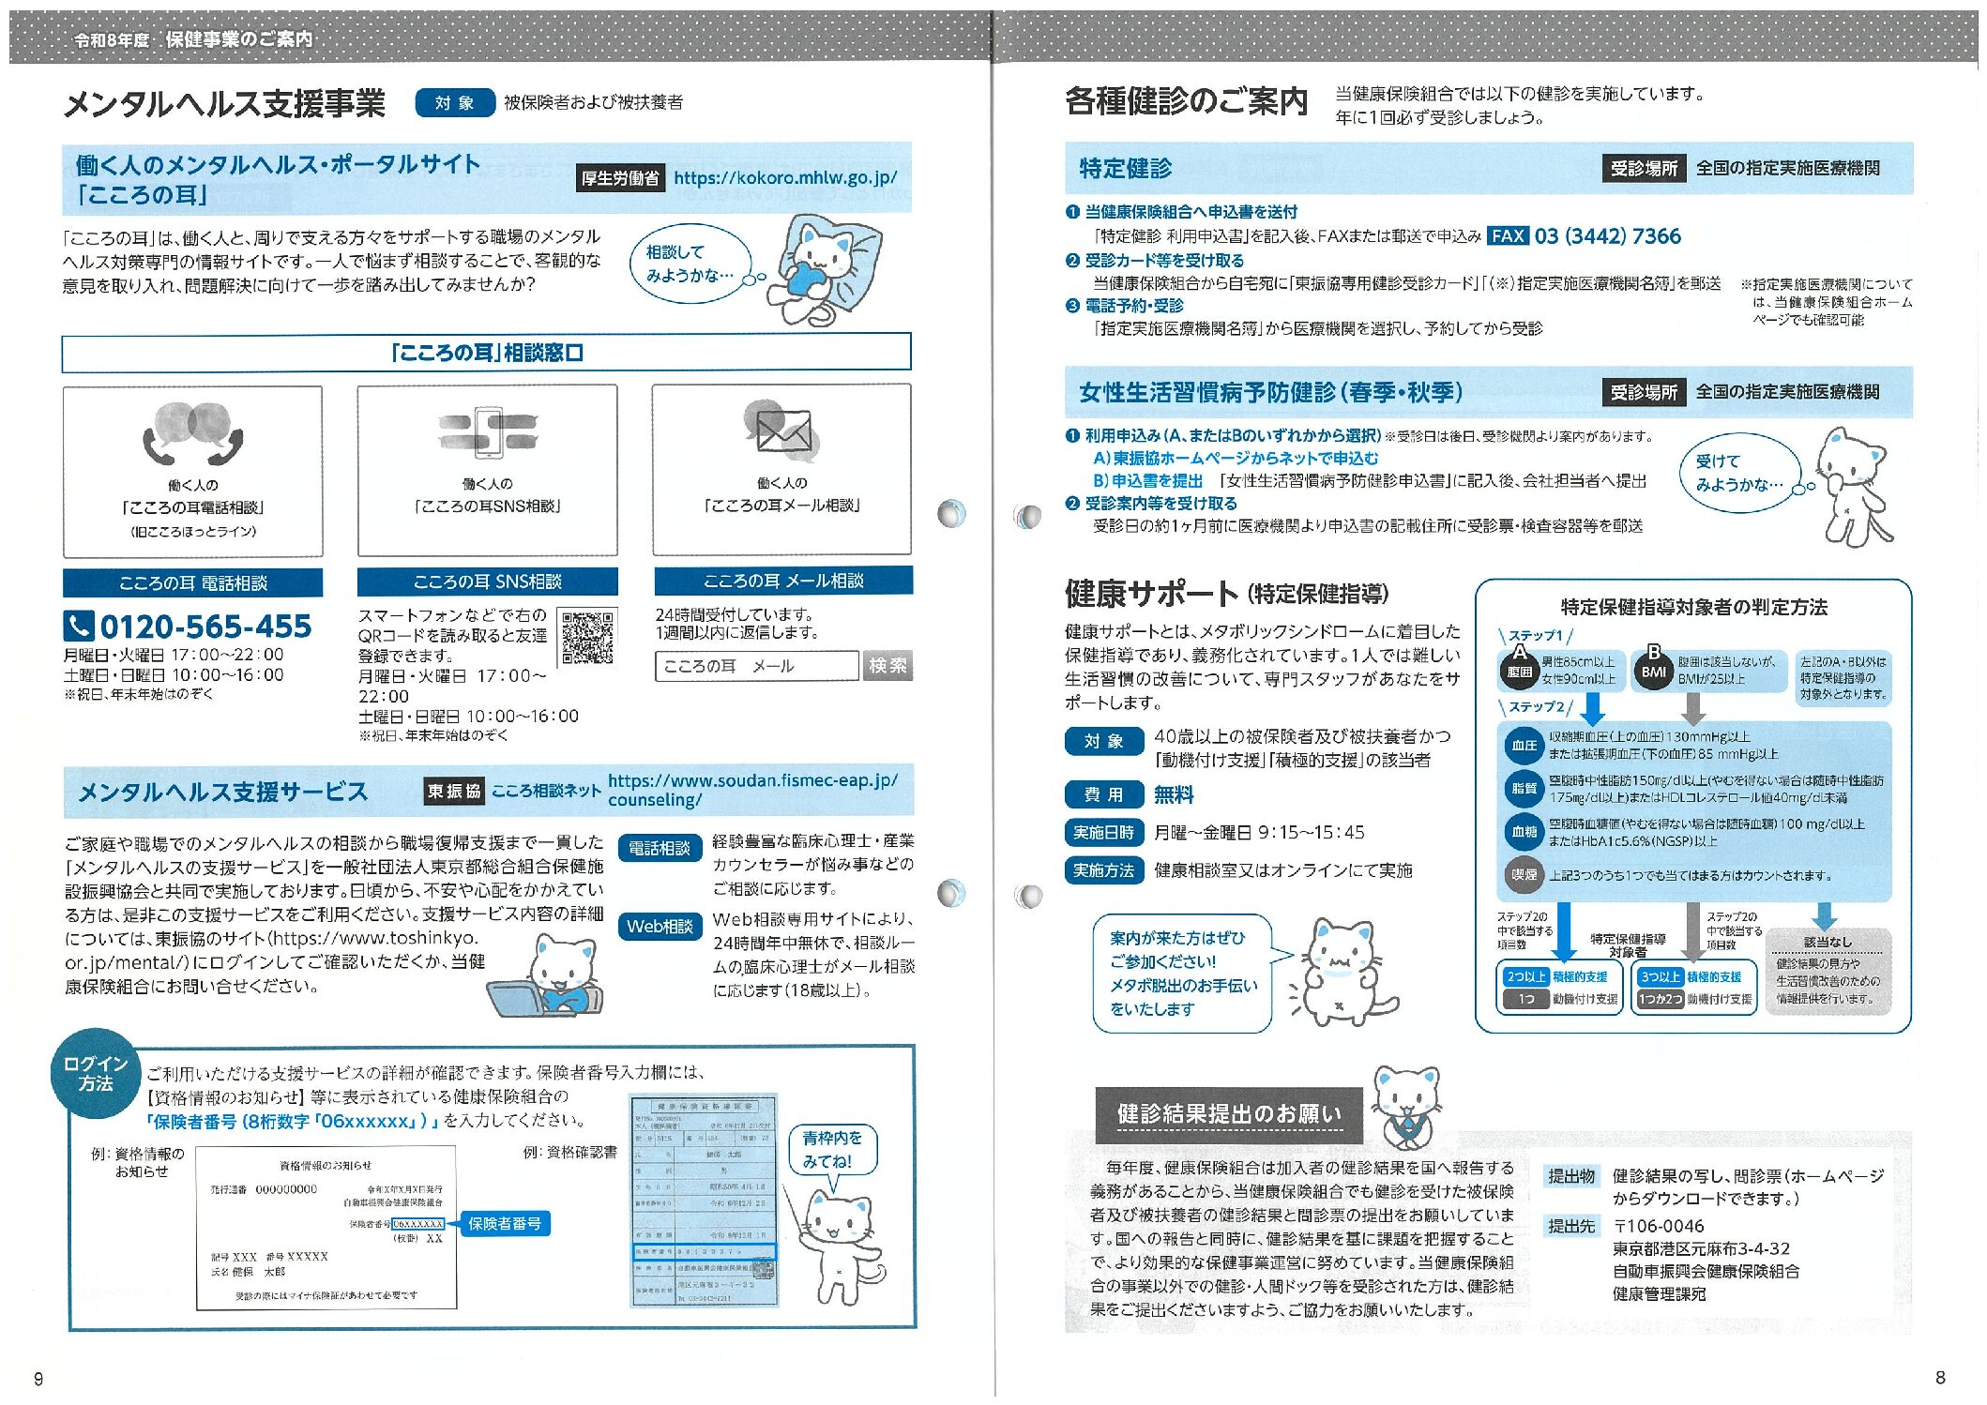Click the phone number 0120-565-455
tap(205, 626)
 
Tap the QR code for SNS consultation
tap(587, 638)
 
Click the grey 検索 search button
tap(887, 666)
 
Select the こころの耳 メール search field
tap(756, 666)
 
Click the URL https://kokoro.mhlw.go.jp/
tap(785, 177)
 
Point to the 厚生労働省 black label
tap(619, 178)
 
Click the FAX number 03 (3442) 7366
tap(1607, 236)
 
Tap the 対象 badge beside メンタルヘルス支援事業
tap(455, 103)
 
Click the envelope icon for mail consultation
tap(782, 430)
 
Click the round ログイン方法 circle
tap(95, 1073)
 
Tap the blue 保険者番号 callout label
tap(504, 1223)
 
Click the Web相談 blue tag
tap(660, 927)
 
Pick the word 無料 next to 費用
tap(1174, 794)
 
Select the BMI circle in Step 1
tap(1653, 672)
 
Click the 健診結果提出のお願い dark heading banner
tap(1229, 1114)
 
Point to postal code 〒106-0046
tap(1659, 1226)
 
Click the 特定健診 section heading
tap(1126, 169)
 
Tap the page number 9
tap(38, 1379)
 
